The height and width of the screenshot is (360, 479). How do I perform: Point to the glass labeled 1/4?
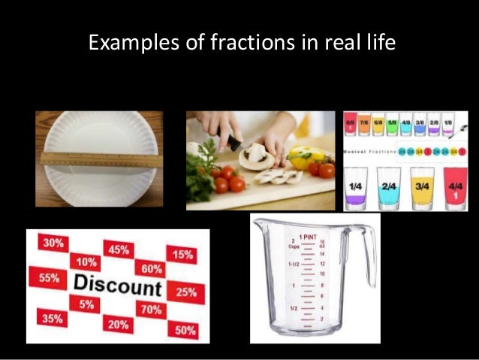click(x=357, y=189)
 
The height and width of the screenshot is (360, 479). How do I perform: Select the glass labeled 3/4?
click(x=424, y=189)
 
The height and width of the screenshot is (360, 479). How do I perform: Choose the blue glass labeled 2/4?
click(x=390, y=189)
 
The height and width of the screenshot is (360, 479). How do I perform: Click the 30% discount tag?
click(x=53, y=244)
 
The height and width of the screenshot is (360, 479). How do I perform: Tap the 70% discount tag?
click(x=152, y=308)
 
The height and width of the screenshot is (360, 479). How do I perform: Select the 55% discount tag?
click(x=49, y=277)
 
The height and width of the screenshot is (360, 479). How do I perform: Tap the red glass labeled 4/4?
click(x=456, y=189)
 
